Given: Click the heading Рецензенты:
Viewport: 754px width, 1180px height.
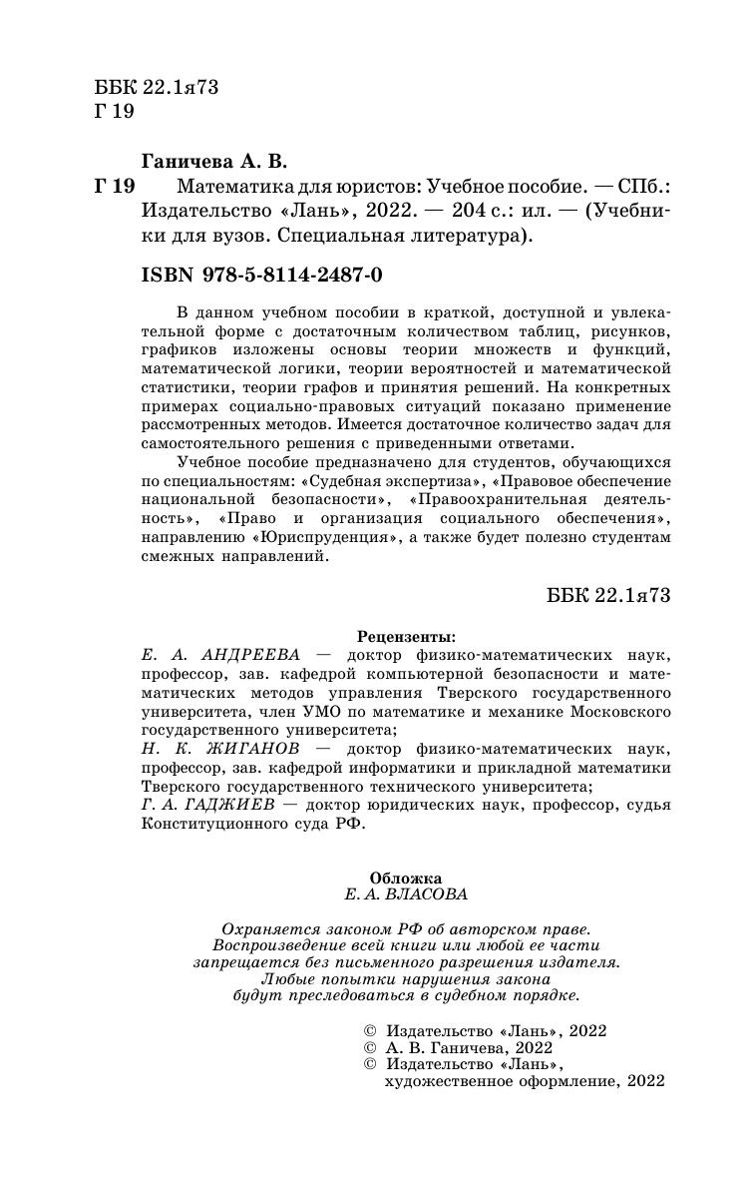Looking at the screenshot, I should click(405, 635).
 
